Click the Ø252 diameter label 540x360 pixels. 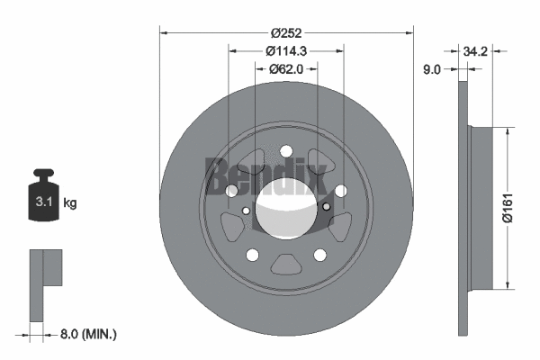[x=286, y=21]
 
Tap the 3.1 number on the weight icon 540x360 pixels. [x=43, y=202]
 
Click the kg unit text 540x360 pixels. [x=70, y=203]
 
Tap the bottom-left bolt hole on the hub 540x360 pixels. [x=253, y=255]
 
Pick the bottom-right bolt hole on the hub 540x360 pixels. [x=319, y=255]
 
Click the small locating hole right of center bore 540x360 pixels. [x=326, y=207]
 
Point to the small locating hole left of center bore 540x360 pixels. [x=247, y=210]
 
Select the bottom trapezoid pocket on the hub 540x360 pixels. [x=286, y=265]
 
